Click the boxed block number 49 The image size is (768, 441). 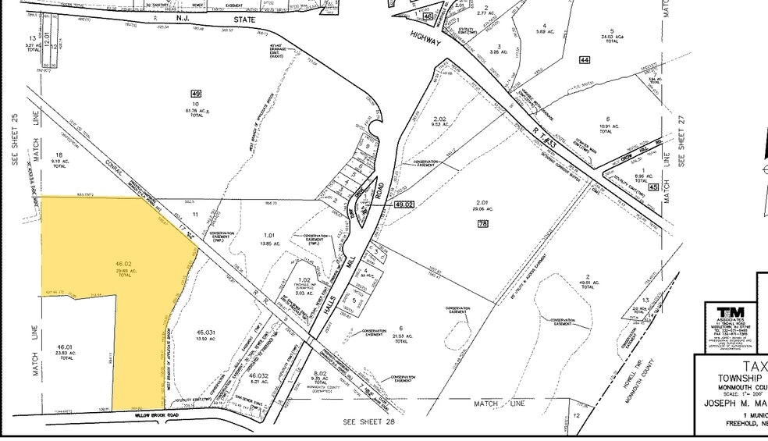point(197,94)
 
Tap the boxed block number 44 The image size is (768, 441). point(584,60)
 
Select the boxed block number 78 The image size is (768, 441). point(482,224)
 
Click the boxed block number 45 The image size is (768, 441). point(652,187)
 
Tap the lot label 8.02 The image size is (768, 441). point(319,374)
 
